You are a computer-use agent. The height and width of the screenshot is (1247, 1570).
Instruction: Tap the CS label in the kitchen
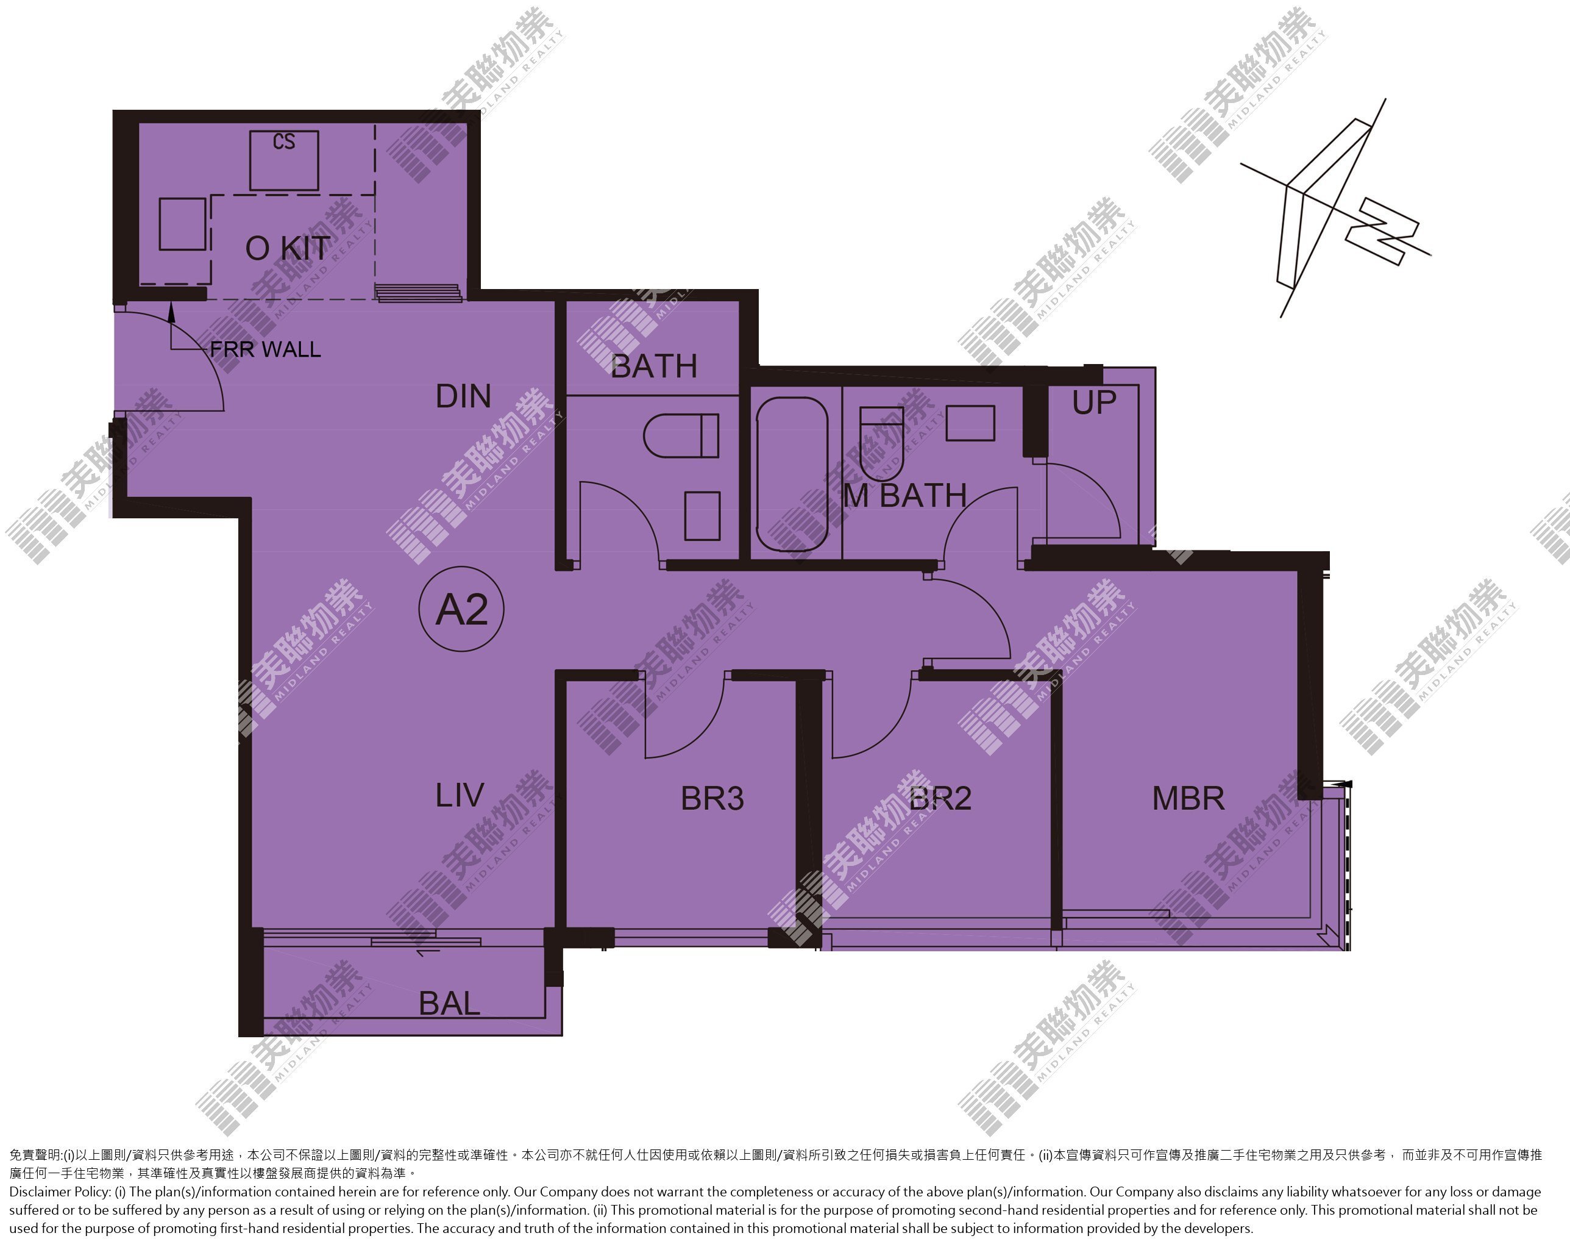(x=284, y=141)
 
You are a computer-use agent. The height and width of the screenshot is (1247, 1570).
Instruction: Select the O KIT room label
(x=288, y=248)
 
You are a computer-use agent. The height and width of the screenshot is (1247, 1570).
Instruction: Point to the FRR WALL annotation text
(x=266, y=349)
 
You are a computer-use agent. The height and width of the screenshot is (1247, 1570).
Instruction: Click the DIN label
(x=463, y=396)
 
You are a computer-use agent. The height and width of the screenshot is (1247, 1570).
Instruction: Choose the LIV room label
(x=460, y=795)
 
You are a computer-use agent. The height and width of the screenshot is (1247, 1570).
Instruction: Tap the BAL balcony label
(x=449, y=1004)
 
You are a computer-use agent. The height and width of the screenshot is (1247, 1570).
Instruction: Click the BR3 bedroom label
(x=712, y=798)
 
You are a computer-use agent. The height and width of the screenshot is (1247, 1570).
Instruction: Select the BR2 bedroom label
(x=940, y=798)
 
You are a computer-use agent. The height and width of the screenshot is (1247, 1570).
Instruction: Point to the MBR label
(x=1188, y=798)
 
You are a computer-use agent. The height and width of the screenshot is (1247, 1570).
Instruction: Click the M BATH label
(x=905, y=496)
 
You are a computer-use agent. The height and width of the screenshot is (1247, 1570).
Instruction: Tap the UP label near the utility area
(x=1094, y=402)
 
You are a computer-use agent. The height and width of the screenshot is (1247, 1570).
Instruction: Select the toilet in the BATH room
(x=681, y=435)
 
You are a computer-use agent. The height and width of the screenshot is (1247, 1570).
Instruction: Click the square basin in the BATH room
(x=703, y=516)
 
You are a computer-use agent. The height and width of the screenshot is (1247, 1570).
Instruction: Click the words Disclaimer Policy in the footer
(x=60, y=1192)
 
